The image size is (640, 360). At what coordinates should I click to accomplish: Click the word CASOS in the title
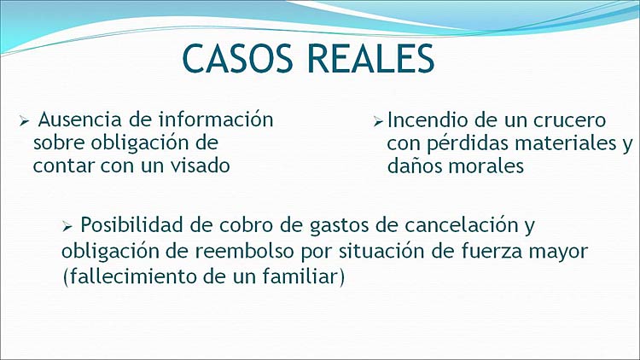click(237, 58)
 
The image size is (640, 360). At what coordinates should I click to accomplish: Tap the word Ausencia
click(80, 119)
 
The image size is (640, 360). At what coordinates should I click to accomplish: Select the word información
click(216, 119)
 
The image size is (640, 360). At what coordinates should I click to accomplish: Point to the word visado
click(200, 165)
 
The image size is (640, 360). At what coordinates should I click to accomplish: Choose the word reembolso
click(244, 252)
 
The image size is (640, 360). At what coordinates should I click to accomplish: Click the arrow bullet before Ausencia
click(24, 121)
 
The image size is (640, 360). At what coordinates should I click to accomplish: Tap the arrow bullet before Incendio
click(378, 122)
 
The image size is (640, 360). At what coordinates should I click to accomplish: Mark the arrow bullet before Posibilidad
click(67, 226)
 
